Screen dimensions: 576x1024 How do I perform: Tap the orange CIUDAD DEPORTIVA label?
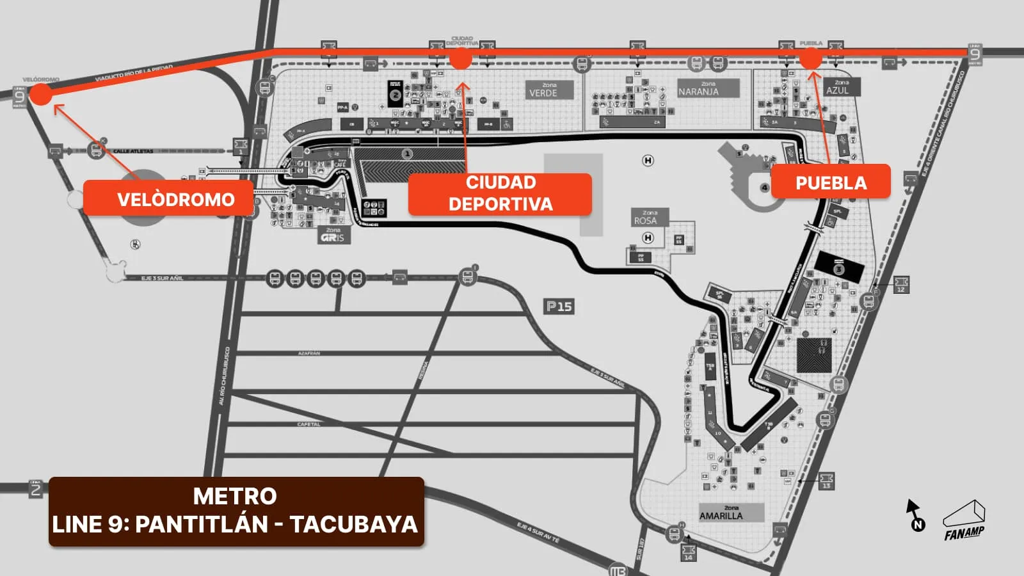500,193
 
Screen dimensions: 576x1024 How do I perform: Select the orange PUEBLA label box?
831,182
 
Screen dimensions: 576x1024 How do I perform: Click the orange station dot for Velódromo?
40,94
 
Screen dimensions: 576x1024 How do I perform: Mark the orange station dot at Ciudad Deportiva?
460,59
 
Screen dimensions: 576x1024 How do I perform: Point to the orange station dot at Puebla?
810,59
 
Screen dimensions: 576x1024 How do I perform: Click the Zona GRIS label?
333,235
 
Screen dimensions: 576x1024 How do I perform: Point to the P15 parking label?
559,307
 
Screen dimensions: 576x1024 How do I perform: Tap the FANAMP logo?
964,520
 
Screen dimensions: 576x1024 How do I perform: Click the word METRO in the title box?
235,496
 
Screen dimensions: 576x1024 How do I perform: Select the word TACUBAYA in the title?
353,524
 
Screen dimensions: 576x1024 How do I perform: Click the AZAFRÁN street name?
309,353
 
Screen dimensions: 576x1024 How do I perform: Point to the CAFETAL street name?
309,424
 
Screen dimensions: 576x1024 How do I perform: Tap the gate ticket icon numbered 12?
900,284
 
